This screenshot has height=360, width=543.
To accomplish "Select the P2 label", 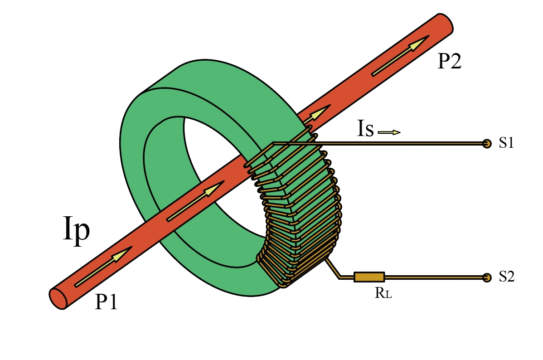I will [x=449, y=61].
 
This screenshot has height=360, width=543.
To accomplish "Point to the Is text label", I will [x=365, y=130].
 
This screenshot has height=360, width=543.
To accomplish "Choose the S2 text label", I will [x=506, y=277].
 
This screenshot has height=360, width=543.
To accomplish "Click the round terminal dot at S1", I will [x=487, y=144].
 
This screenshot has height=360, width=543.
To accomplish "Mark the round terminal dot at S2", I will [x=487, y=277].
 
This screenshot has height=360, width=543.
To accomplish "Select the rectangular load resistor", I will [x=369, y=277].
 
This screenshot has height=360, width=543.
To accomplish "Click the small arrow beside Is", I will [x=389, y=132].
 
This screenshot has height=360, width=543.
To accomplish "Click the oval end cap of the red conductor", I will [x=58, y=298].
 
